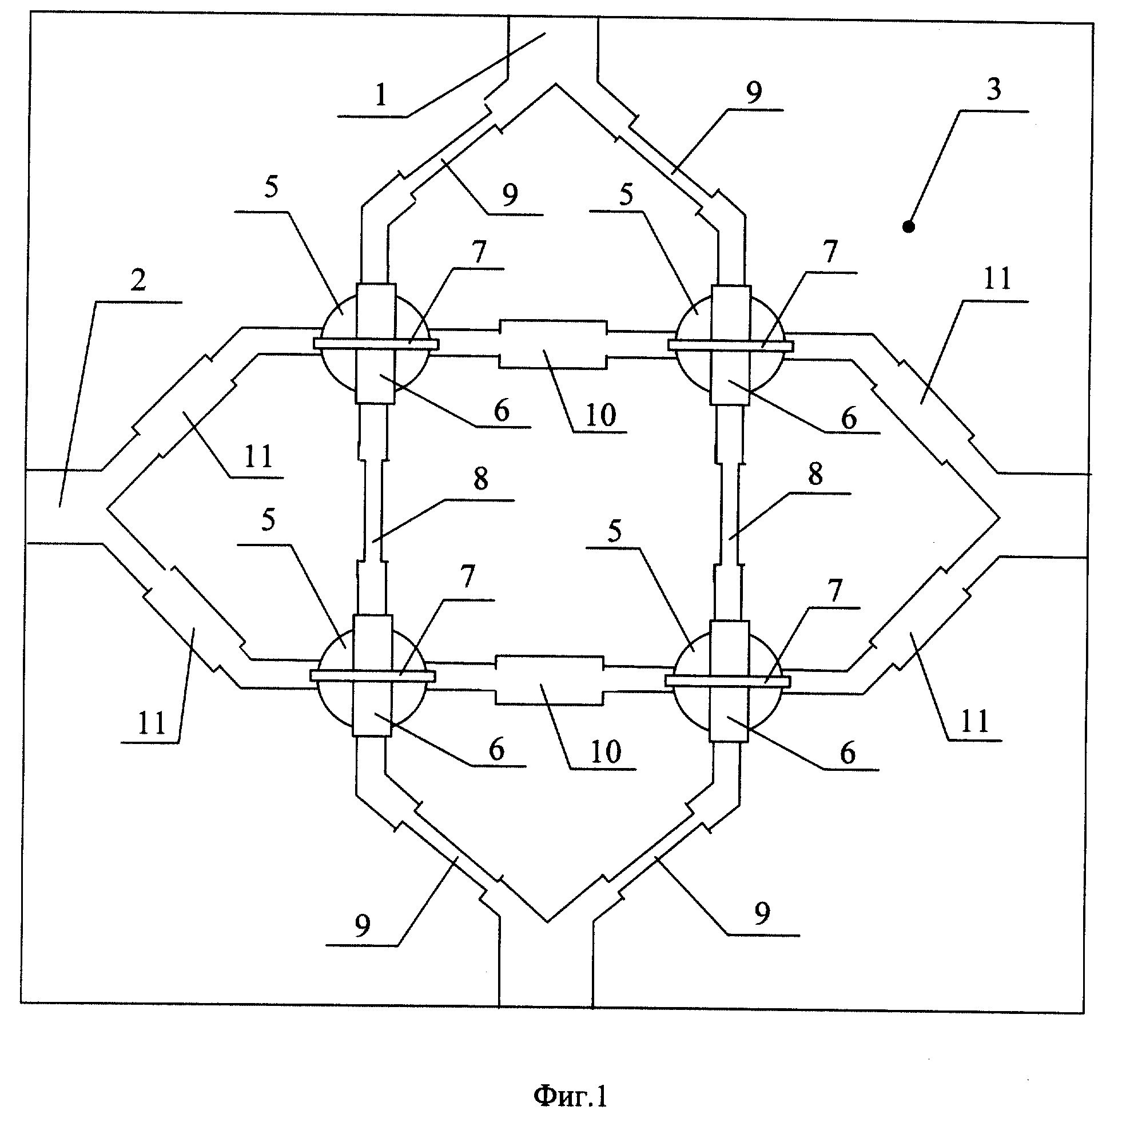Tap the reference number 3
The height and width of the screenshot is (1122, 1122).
point(994,89)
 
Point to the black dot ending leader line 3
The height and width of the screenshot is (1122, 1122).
point(909,226)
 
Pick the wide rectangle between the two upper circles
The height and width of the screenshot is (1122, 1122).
point(552,343)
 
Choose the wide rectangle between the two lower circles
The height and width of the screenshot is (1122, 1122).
point(549,680)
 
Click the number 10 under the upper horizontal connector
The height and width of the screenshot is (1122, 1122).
point(600,415)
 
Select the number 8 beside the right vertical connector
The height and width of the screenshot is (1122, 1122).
point(815,475)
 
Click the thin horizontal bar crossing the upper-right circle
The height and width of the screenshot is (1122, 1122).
point(731,345)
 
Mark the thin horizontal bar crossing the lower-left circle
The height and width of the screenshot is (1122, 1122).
point(373,676)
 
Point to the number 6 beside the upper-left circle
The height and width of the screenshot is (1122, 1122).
point(502,411)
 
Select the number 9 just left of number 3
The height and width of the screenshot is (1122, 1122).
point(754,93)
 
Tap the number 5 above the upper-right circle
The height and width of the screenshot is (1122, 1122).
point(626,196)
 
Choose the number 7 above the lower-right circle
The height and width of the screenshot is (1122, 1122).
point(834,591)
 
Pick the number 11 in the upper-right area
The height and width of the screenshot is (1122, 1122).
point(997,278)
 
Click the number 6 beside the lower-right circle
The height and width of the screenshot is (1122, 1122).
point(848,753)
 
